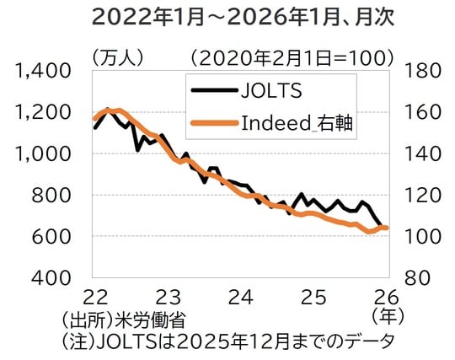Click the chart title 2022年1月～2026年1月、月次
227,18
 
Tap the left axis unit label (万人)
118,58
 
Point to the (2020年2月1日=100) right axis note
292,58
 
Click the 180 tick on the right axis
420,71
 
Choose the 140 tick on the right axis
420,153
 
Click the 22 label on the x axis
95,297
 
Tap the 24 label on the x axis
241,297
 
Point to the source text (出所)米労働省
122,320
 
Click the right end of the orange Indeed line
386,228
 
